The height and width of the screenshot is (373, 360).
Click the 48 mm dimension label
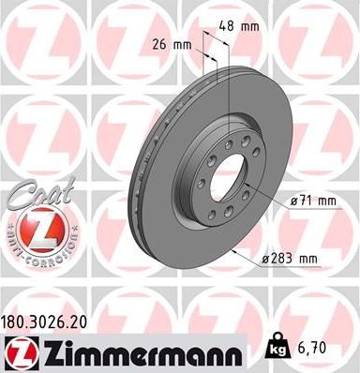(x=247, y=26)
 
